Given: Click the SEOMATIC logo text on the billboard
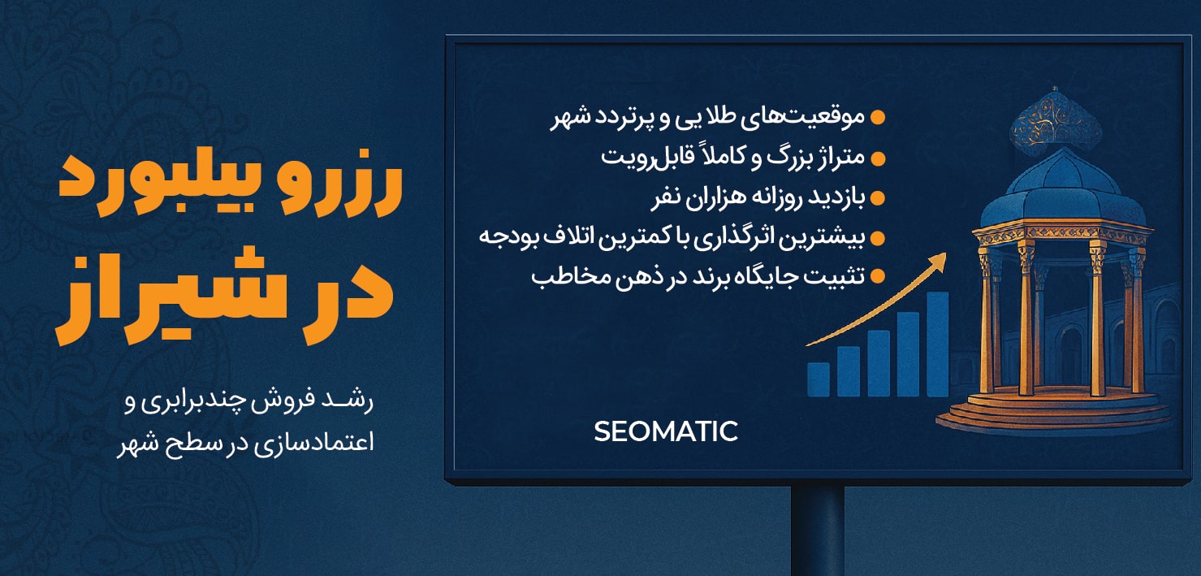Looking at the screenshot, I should point(665,431).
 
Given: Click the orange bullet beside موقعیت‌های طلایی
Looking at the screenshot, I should point(877,118).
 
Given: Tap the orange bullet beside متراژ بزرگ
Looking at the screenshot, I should point(877,158).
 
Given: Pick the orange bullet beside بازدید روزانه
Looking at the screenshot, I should point(877,197).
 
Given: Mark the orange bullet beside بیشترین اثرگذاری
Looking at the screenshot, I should point(877,237).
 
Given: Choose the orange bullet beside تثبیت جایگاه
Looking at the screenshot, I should point(877,277).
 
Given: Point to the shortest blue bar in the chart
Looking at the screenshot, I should point(819,379).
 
